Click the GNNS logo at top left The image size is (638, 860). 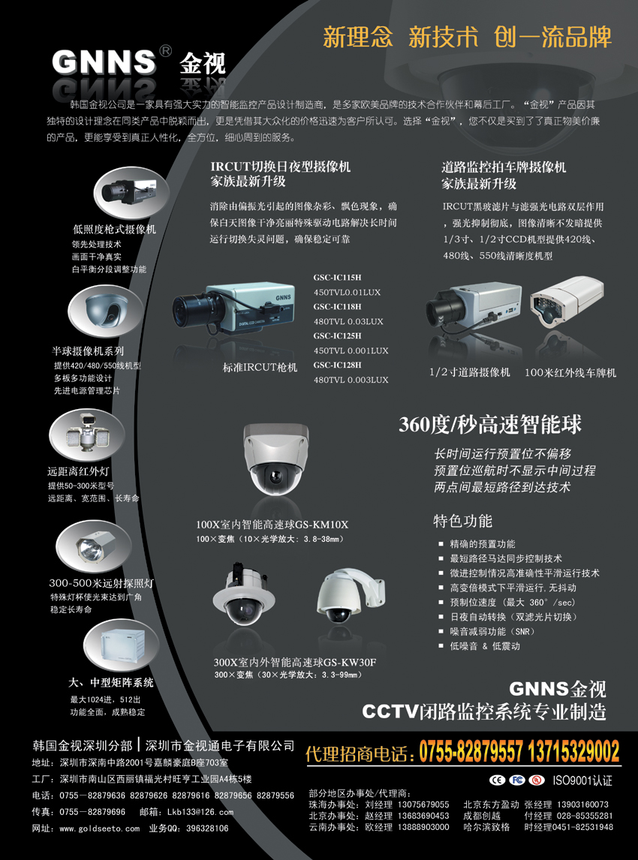click(104, 62)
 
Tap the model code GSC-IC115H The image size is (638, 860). click(337, 278)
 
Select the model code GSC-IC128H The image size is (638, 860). click(337, 365)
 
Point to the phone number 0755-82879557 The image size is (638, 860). click(471, 751)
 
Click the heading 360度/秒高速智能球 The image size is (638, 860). click(490, 425)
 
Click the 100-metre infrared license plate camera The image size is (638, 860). click(567, 301)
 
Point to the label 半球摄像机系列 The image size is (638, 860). click(88, 351)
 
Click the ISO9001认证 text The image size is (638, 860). click(582, 780)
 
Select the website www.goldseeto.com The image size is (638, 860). click(99, 828)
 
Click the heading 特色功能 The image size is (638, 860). click(462, 521)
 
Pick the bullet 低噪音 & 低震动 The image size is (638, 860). click(485, 646)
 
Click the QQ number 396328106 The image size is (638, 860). click(207, 828)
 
